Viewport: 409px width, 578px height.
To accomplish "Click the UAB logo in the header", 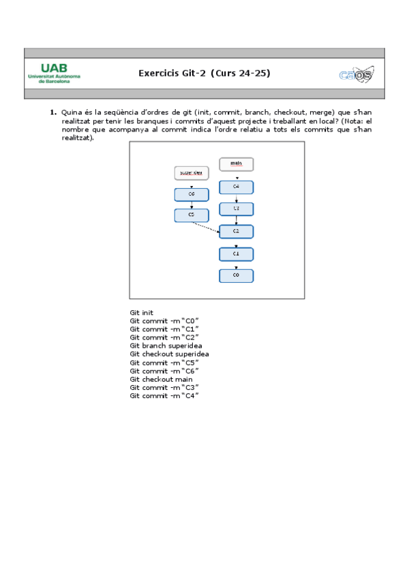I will click(x=54, y=73).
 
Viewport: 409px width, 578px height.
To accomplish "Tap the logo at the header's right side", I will click(x=356, y=74).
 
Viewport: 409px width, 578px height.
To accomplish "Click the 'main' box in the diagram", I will click(x=236, y=164).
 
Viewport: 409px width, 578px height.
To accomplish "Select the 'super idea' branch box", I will click(x=192, y=173).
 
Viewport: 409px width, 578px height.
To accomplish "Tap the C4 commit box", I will click(x=236, y=187).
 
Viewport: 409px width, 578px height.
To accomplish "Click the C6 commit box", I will click(x=192, y=195).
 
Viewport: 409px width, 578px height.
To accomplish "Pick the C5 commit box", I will click(x=192, y=215).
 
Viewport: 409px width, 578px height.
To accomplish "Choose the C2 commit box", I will click(x=236, y=231).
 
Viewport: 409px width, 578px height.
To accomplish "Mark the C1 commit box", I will click(x=236, y=254).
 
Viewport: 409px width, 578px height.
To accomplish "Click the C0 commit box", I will click(x=236, y=275).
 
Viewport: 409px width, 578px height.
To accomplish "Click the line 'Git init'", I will click(x=142, y=313).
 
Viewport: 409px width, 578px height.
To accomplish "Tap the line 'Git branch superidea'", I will click(x=166, y=346).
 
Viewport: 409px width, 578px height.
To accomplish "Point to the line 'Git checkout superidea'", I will click(x=169, y=354).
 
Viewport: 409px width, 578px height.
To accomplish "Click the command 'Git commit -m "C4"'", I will click(x=164, y=396).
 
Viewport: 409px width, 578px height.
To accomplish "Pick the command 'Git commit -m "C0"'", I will click(x=164, y=321).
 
